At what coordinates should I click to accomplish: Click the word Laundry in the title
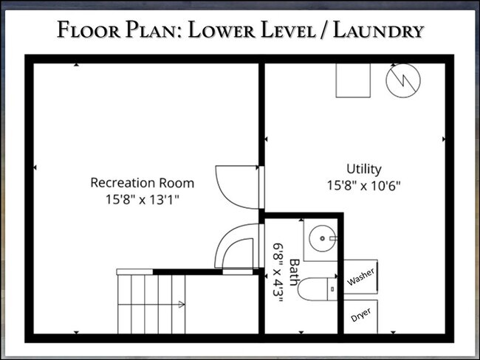pyautogui.click(x=377, y=30)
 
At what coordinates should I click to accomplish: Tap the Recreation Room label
pyautogui.click(x=142, y=182)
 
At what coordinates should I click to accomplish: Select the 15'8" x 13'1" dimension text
pyautogui.click(x=142, y=198)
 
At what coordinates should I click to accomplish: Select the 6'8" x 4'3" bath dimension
pyautogui.click(x=278, y=270)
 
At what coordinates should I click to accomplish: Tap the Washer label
pyautogui.click(x=360, y=278)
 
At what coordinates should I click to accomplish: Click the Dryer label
pyautogui.click(x=360, y=316)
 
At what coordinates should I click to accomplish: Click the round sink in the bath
pyautogui.click(x=322, y=238)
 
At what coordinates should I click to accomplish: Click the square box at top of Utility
pyautogui.click(x=353, y=80)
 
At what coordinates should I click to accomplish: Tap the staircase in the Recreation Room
pyautogui.click(x=151, y=302)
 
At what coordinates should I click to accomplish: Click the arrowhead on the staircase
pyautogui.click(x=181, y=303)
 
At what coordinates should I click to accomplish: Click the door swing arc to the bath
pyautogui.click(x=236, y=247)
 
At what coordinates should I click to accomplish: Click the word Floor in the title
pyautogui.click(x=86, y=30)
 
